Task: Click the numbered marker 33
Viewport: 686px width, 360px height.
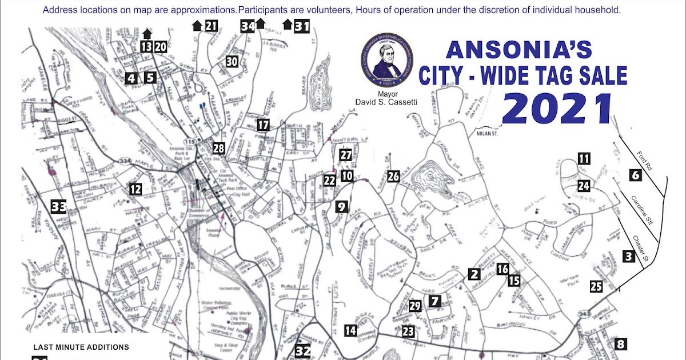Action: click(58, 206)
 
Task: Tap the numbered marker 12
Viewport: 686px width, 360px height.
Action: click(135, 189)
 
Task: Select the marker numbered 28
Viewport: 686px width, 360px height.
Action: click(218, 149)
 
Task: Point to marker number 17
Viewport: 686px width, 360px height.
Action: click(262, 125)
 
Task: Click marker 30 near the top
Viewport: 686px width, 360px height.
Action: click(232, 62)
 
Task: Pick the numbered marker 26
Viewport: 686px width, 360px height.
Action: click(393, 176)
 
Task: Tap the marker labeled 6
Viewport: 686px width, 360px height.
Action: click(636, 175)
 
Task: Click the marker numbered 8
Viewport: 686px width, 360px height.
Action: click(620, 344)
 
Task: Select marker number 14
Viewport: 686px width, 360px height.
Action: click(350, 330)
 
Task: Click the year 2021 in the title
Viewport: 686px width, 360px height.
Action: click(557, 109)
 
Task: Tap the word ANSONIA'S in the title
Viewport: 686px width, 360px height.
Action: click(519, 50)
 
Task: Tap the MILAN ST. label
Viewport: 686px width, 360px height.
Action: click(488, 133)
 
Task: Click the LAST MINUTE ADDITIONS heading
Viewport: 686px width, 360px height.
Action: click(81, 347)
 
